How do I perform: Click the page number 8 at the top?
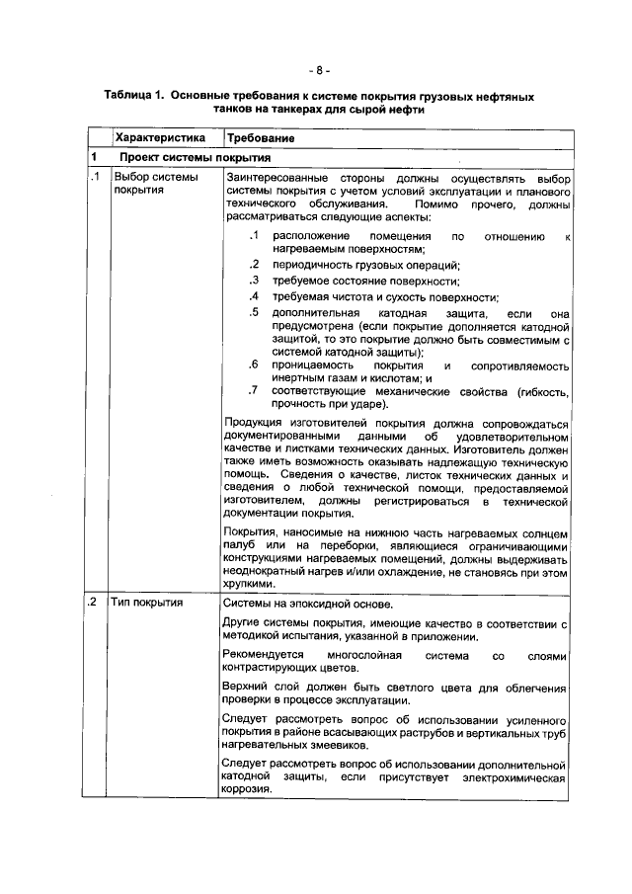(316, 70)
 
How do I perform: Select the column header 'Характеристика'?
(159, 137)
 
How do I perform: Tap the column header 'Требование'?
(261, 137)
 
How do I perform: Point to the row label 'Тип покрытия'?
(144, 602)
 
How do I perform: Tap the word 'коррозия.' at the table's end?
(247, 789)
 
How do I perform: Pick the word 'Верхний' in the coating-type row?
(244, 688)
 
